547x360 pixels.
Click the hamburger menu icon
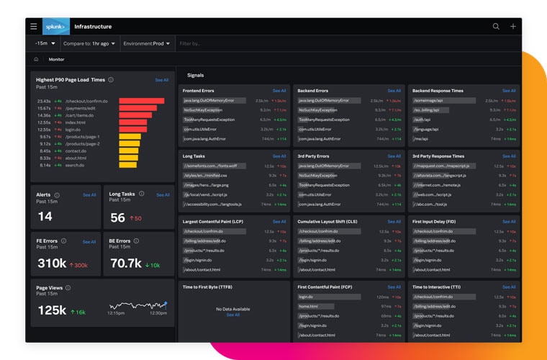(x=33, y=27)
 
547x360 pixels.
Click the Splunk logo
(x=56, y=27)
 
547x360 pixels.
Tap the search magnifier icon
(x=496, y=27)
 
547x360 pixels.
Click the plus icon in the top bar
(x=513, y=27)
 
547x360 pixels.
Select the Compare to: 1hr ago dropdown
(x=91, y=44)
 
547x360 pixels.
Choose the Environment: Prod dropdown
(x=147, y=44)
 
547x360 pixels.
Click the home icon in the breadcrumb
(x=36, y=60)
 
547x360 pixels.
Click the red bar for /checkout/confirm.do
(x=142, y=102)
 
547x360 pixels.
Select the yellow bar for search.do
(x=129, y=165)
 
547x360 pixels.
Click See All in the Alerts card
(x=89, y=195)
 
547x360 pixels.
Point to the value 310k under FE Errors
(x=52, y=264)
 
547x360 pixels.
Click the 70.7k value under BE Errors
(x=125, y=264)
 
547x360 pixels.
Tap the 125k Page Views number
(x=52, y=310)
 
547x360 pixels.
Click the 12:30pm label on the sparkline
(x=158, y=313)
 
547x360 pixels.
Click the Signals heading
(x=195, y=75)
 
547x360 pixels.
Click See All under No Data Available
(x=233, y=315)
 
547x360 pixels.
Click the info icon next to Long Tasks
(x=141, y=194)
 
